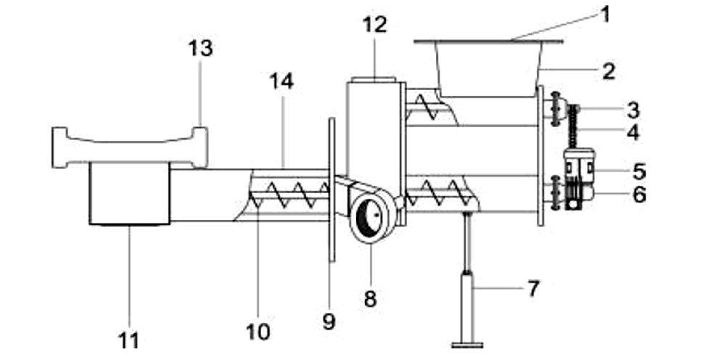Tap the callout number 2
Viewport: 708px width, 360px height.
click(x=609, y=72)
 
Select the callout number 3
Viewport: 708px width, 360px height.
click(x=633, y=110)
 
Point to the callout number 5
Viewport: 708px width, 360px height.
click(x=639, y=171)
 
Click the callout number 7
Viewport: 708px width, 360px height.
click(x=533, y=289)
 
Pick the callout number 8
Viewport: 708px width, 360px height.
click(x=370, y=299)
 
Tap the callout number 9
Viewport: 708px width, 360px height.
click(x=329, y=322)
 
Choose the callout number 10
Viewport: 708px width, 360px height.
click(x=258, y=332)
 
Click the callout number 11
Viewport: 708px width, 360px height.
click(x=128, y=341)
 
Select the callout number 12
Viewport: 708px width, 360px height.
click(x=375, y=25)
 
